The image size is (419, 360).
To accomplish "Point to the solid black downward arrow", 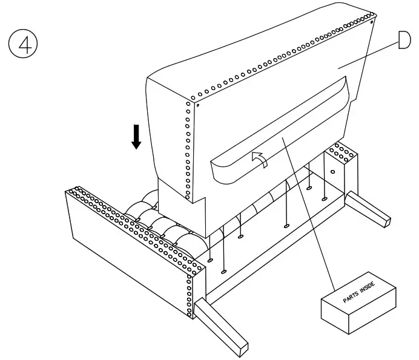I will click(136, 136).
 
